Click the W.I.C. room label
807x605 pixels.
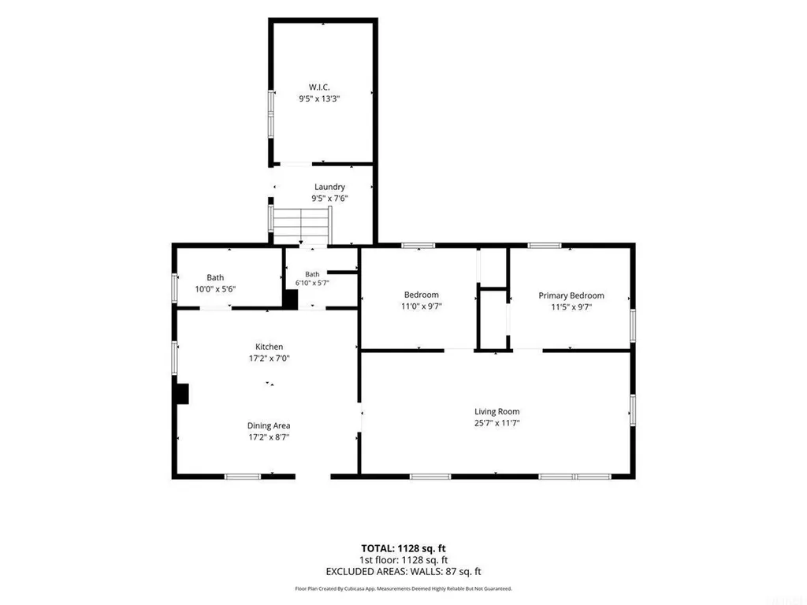coord(319,87)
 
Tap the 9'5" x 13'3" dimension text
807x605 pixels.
coord(319,98)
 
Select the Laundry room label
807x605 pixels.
coord(329,187)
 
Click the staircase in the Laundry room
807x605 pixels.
coord(302,226)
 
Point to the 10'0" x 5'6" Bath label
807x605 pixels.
coord(215,289)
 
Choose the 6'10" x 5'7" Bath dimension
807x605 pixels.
coord(312,283)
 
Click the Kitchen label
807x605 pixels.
coord(270,347)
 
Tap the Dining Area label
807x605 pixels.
coord(269,425)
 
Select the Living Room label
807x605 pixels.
coord(496,411)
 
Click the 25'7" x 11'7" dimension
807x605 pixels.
coord(496,423)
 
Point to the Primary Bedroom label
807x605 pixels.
coord(571,295)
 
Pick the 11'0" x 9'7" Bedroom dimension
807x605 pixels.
coord(422,306)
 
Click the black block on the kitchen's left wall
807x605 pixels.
coord(183,394)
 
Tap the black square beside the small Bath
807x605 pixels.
coord(291,299)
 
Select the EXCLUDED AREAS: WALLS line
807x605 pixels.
coord(403,572)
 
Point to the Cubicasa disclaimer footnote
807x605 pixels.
coord(403,588)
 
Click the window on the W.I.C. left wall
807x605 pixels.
coord(271,113)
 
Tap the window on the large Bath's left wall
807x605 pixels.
coord(174,288)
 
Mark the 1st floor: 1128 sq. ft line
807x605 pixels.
coord(403,560)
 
